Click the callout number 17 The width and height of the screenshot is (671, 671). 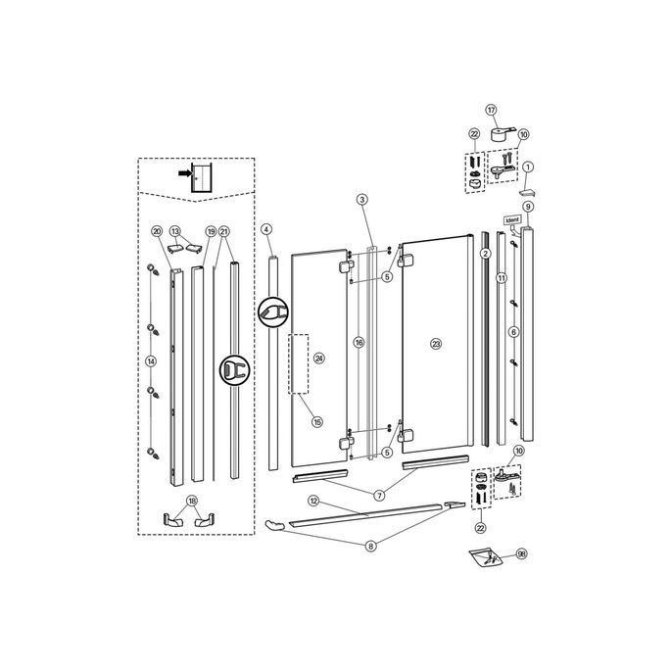(492, 111)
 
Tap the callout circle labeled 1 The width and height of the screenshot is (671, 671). (528, 168)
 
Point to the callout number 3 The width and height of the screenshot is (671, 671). (266, 229)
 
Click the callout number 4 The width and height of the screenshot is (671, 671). (266, 229)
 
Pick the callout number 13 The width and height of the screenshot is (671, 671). (176, 231)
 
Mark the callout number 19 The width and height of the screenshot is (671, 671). (211, 231)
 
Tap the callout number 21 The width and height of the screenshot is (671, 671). (225, 231)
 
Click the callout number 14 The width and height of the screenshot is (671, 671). (151, 360)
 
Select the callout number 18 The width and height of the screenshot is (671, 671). (192, 501)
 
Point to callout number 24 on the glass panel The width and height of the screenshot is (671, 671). (317, 359)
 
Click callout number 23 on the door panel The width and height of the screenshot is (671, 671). (436, 343)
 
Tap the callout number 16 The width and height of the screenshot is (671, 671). (359, 343)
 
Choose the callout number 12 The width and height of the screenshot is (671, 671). (313, 501)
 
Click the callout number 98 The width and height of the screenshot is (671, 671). (521, 554)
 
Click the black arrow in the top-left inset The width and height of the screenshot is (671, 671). (184, 172)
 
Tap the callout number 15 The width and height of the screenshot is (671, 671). (316, 422)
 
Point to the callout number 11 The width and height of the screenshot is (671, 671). (501, 278)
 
